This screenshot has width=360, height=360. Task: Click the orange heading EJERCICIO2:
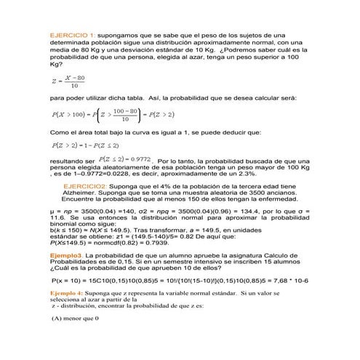[x=89, y=186]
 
